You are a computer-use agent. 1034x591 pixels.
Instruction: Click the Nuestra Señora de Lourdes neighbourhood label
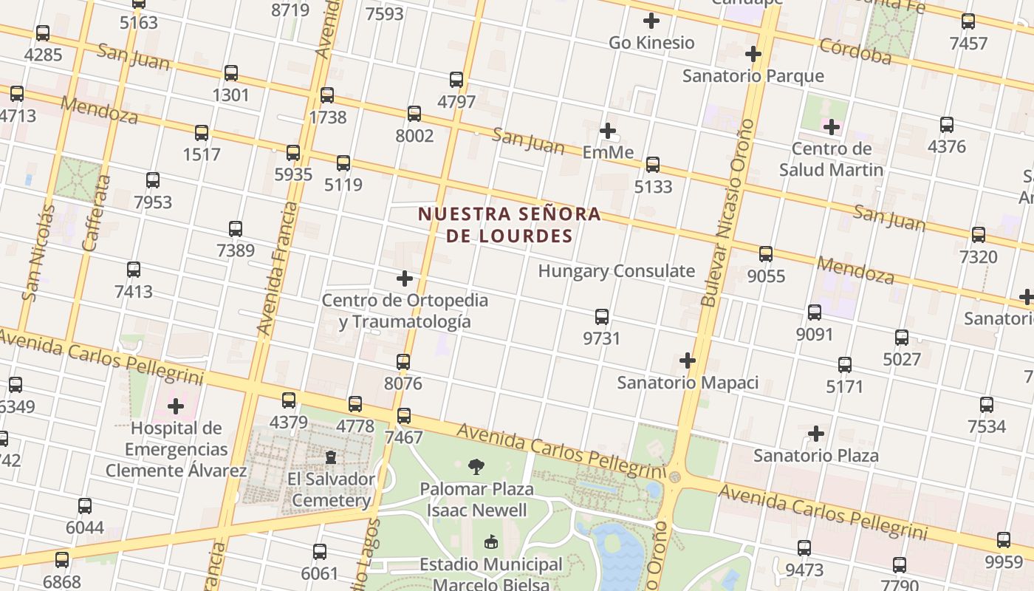point(509,225)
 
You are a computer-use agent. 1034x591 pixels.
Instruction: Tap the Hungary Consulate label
point(616,271)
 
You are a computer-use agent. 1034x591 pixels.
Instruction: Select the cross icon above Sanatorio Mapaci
point(688,361)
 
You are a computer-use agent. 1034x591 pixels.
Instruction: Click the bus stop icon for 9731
point(602,317)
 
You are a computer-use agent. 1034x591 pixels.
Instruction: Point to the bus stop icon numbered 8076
point(403,362)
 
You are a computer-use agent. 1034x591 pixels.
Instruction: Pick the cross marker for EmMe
point(608,131)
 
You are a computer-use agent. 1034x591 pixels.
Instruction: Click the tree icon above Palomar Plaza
point(476,466)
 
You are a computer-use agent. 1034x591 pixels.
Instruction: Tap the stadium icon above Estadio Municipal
point(490,542)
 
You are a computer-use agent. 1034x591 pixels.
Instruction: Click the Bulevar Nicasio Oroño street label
point(727,213)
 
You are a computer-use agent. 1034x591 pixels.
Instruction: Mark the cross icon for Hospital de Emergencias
point(176,406)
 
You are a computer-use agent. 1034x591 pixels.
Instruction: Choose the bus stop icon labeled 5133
point(653,165)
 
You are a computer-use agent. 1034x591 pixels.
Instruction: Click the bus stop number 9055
point(766,276)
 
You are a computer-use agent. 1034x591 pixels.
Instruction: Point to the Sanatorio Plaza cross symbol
point(816,434)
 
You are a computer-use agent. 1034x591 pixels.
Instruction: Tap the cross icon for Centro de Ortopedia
point(405,279)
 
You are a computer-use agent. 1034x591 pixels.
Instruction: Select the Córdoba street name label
point(855,52)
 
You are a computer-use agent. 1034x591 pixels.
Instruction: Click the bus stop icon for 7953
point(153,180)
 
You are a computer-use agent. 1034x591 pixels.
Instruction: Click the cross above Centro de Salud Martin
point(832,127)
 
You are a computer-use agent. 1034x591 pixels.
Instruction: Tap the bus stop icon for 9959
point(1004,540)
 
